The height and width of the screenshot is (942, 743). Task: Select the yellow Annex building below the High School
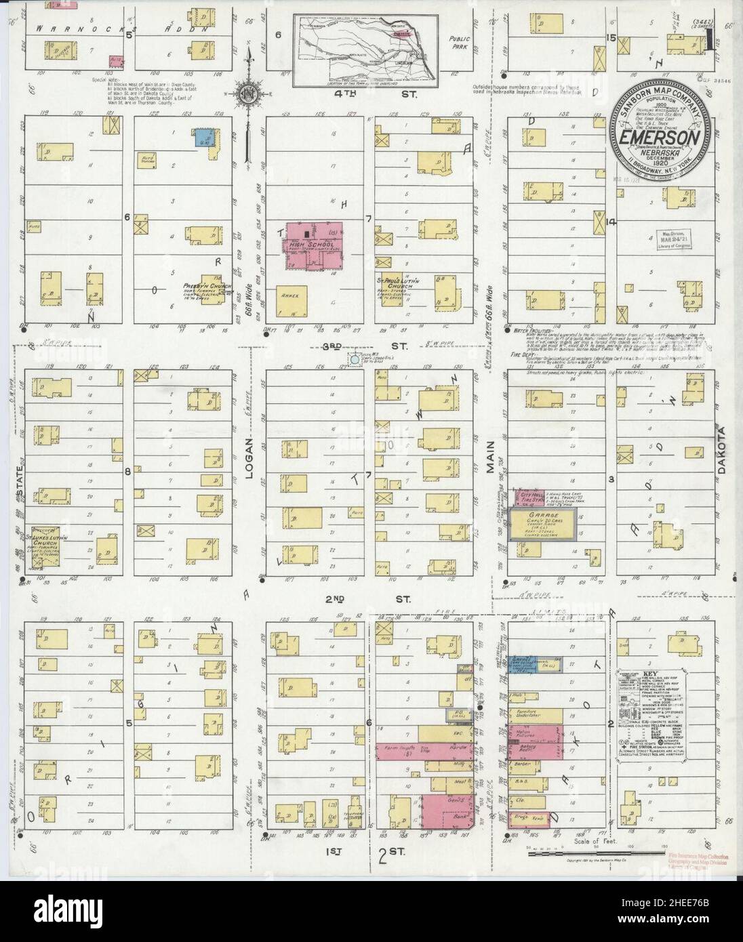(292, 302)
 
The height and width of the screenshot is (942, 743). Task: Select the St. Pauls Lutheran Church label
(402, 281)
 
